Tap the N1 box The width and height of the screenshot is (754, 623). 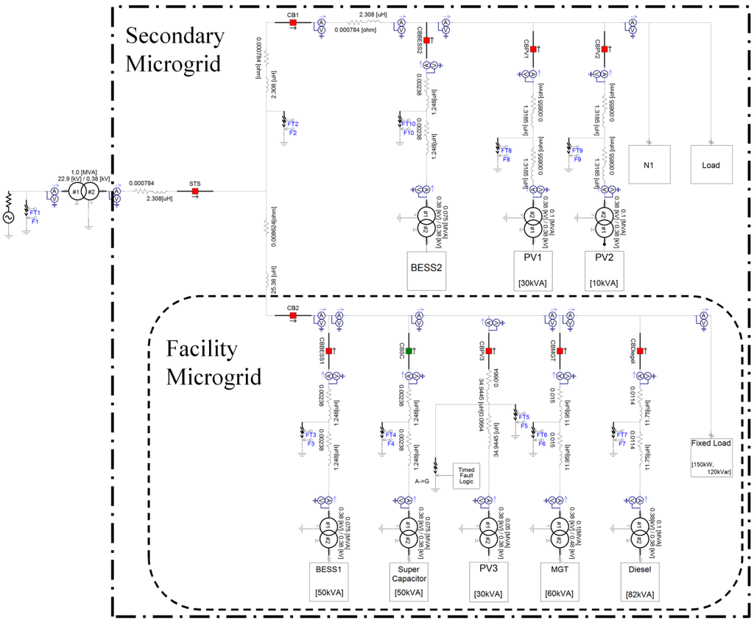(650, 164)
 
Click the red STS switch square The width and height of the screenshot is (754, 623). (195, 191)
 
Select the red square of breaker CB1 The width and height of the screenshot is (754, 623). (292, 22)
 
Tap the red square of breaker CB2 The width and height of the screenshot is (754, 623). (292, 316)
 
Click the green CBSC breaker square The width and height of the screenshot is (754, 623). (409, 351)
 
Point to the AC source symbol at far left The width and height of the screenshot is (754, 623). (10, 218)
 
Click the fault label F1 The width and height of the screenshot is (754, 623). (35, 220)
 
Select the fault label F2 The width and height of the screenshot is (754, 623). (292, 133)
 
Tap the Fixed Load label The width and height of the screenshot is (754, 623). (711, 443)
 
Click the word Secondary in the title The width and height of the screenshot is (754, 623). (175, 35)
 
